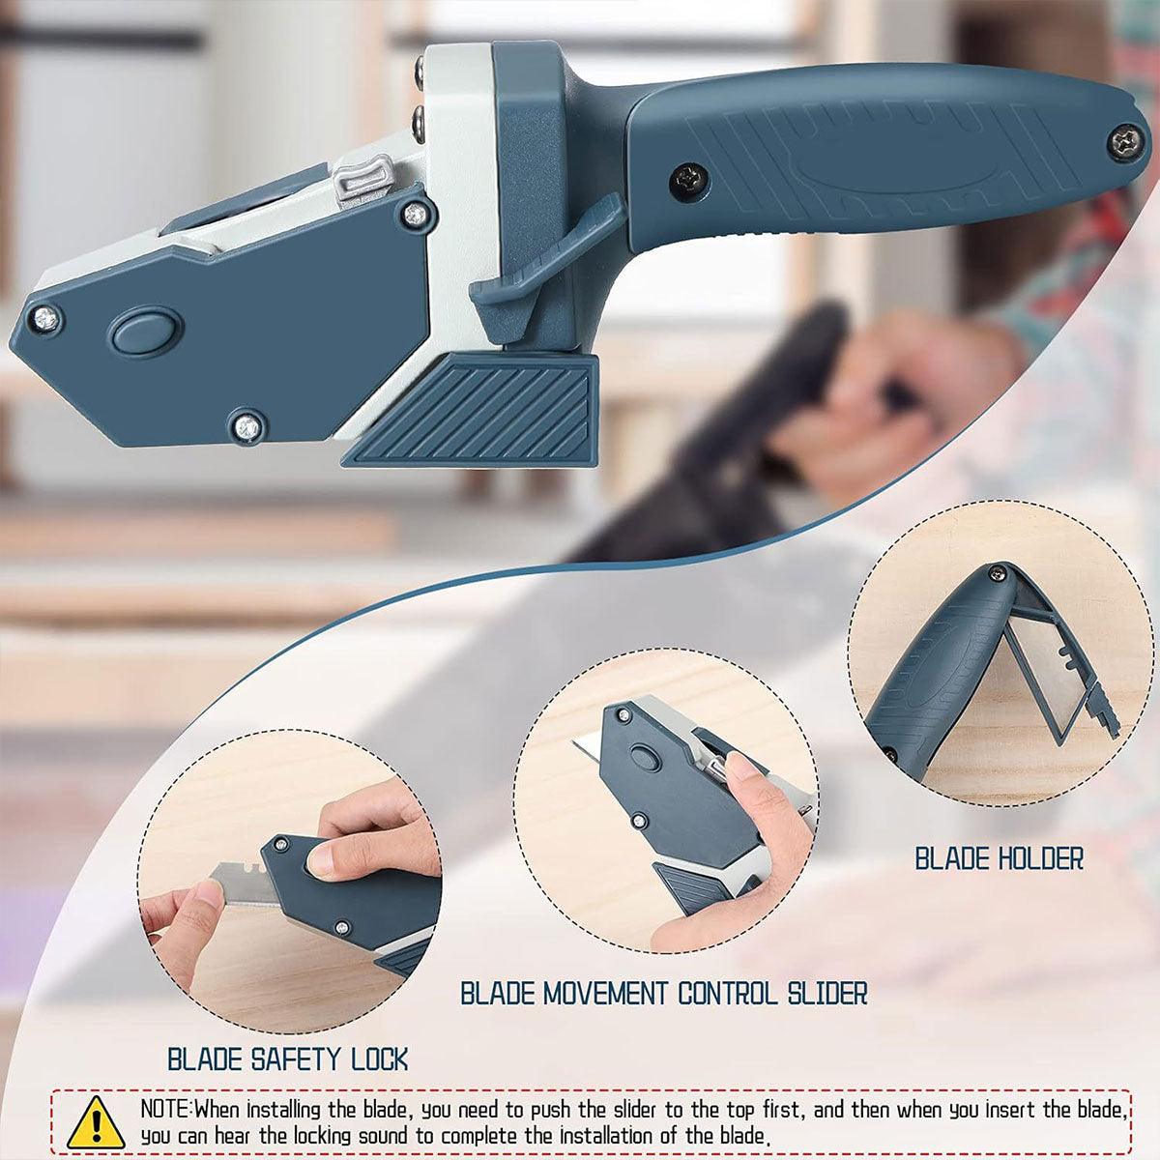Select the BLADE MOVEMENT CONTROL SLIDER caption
coord(663,992)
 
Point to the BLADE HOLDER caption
coord(999,857)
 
